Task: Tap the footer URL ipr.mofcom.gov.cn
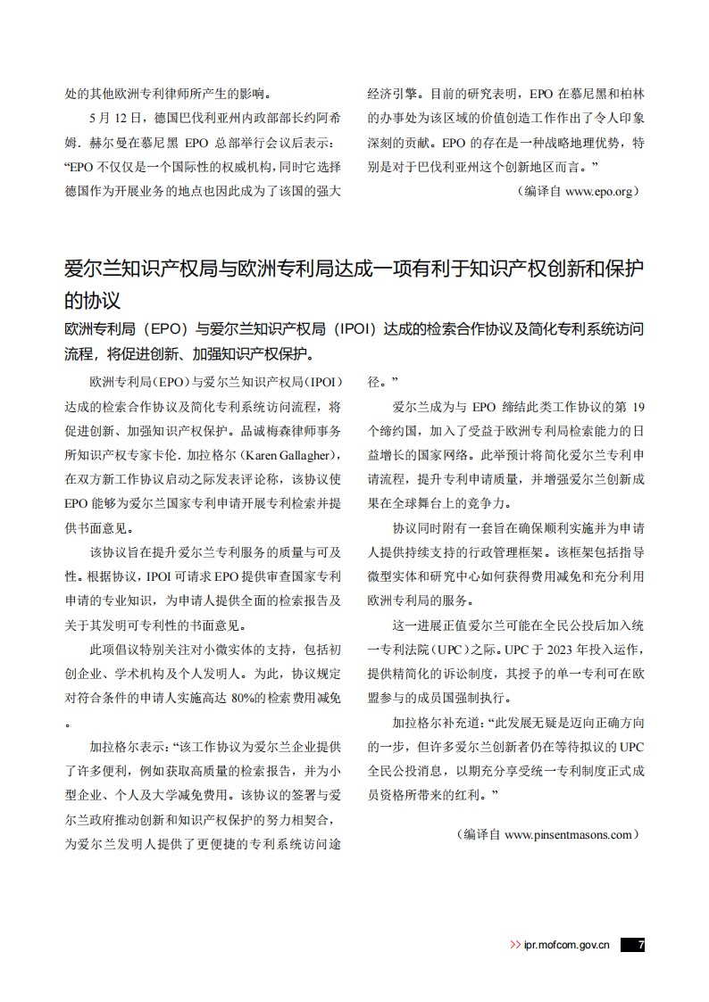pos(566,945)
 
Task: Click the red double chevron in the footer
pos(515,945)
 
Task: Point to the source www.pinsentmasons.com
pos(569,835)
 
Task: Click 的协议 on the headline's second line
pos(92,300)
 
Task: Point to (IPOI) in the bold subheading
pos(354,329)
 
